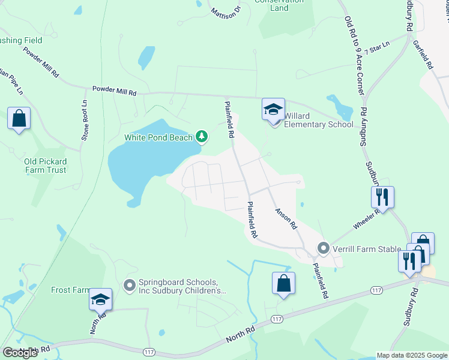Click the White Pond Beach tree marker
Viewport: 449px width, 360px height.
click(x=202, y=137)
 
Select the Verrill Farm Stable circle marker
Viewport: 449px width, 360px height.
click(x=324, y=248)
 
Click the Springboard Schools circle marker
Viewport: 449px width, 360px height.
click(x=129, y=286)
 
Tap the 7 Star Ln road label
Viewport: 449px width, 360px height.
click(x=376, y=48)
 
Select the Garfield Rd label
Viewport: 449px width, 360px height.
click(x=422, y=55)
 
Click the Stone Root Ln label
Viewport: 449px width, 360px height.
click(x=85, y=121)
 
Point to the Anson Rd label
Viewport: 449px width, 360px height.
click(x=286, y=219)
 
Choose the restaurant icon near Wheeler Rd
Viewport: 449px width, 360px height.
click(x=382, y=197)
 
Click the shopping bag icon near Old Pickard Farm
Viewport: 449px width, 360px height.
click(x=19, y=118)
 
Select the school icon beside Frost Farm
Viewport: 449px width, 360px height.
click(x=100, y=299)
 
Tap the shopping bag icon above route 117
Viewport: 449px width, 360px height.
click(x=283, y=283)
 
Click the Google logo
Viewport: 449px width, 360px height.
click(x=20, y=353)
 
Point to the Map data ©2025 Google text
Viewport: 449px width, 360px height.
click(x=412, y=355)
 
